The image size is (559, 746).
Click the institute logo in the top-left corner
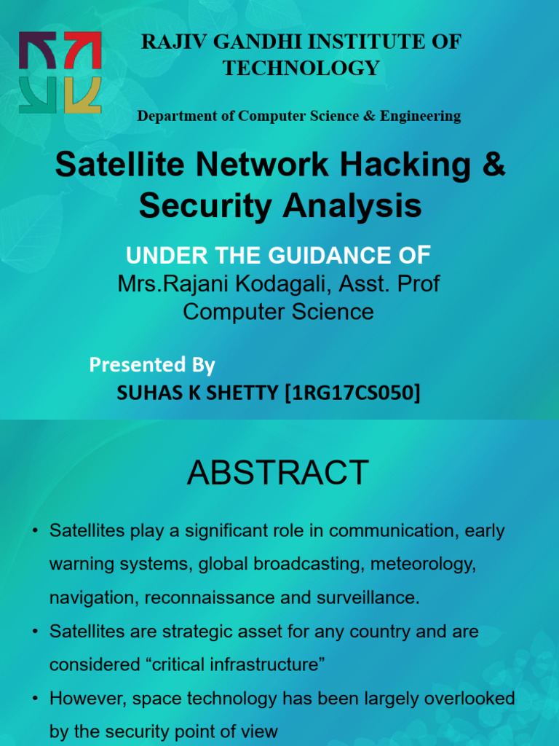(x=60, y=72)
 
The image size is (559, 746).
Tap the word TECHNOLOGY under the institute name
(x=301, y=68)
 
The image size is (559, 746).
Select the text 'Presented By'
(x=152, y=364)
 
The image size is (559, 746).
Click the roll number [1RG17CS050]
(x=353, y=393)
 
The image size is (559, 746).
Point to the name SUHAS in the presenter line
(x=143, y=393)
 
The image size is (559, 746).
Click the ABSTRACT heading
(x=278, y=473)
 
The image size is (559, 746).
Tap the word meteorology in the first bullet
(x=427, y=565)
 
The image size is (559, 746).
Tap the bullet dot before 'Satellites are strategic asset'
(x=35, y=632)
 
